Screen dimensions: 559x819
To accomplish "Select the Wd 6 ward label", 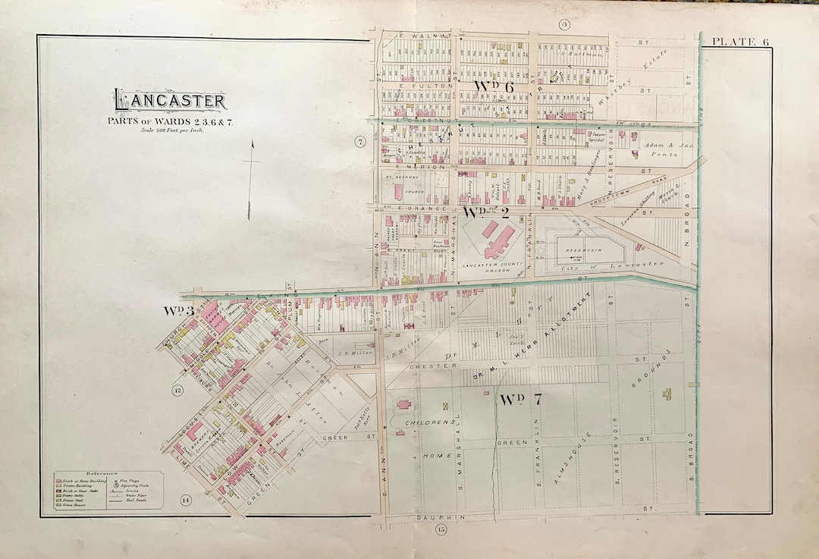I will pyautogui.click(x=494, y=87).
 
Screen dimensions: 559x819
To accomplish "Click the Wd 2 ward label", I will pyautogui.click(x=485, y=212).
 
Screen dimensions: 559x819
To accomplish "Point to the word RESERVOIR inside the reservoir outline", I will pyautogui.click(x=582, y=248).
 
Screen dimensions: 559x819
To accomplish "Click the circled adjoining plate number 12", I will pyautogui.click(x=177, y=391).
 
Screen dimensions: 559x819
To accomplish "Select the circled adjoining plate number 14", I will pyautogui.click(x=186, y=499).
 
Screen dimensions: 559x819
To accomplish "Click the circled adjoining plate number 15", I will pyautogui.click(x=441, y=529).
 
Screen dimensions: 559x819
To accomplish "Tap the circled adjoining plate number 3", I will pyautogui.click(x=564, y=25).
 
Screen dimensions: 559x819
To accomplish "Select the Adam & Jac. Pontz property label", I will pyautogui.click(x=658, y=149).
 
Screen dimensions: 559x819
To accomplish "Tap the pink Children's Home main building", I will pyautogui.click(x=403, y=406).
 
